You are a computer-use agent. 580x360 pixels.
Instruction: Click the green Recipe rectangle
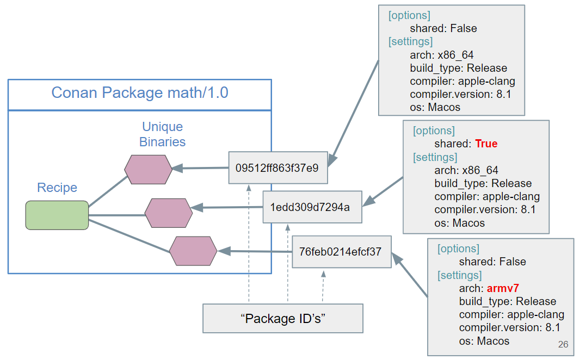57,215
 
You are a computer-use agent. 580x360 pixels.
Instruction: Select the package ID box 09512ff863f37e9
277,167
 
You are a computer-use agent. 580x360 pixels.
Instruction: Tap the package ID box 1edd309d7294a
312,207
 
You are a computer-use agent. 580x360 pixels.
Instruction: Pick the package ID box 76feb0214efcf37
341,252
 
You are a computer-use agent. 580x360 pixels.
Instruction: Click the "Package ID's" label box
282,318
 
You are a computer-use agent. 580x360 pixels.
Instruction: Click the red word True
486,144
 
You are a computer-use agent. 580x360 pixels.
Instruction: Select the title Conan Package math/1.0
140,93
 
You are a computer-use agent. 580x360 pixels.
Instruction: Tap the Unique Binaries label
162,134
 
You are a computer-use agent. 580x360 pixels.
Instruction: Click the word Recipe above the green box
57,188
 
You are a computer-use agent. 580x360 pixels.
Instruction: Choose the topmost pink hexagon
148,169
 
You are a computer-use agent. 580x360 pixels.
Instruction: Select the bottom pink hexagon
193,251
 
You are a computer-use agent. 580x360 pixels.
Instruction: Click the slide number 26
563,344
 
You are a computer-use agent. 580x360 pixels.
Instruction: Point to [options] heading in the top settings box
409,15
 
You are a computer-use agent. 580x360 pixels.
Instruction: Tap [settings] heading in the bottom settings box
459,275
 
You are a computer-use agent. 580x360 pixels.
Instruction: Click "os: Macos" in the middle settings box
459,223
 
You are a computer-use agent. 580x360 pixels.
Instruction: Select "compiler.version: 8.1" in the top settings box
460,95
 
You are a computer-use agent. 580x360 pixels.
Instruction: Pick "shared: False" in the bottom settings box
492,262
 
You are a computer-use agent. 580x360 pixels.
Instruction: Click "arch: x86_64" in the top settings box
442,55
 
